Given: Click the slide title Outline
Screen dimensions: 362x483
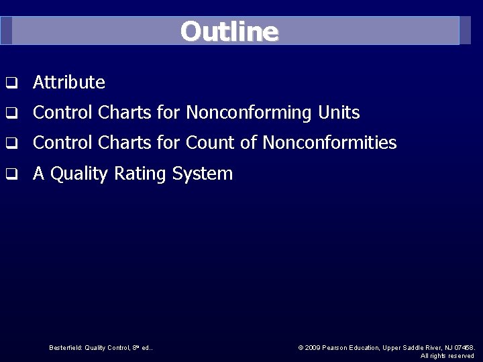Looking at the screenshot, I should click(x=229, y=32).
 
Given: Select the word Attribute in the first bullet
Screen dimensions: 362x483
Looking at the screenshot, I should click(x=69, y=83).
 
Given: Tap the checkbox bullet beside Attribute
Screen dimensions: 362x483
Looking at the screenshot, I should click(x=11, y=84).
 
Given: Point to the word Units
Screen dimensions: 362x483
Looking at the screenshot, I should click(x=339, y=113).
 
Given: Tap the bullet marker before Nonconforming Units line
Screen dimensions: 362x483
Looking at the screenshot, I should click(x=11, y=114).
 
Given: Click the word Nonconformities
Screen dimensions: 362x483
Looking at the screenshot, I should click(x=329, y=143).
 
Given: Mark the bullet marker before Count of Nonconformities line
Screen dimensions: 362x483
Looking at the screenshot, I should click(x=11, y=143).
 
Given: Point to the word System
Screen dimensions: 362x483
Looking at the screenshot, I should click(x=202, y=174).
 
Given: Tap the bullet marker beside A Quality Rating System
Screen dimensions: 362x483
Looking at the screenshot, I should click(x=11, y=174).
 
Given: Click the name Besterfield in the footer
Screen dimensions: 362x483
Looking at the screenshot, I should click(x=66, y=347).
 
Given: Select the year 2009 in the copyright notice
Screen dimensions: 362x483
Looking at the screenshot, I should click(x=313, y=347).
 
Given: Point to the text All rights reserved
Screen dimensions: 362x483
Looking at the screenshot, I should click(x=447, y=355).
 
